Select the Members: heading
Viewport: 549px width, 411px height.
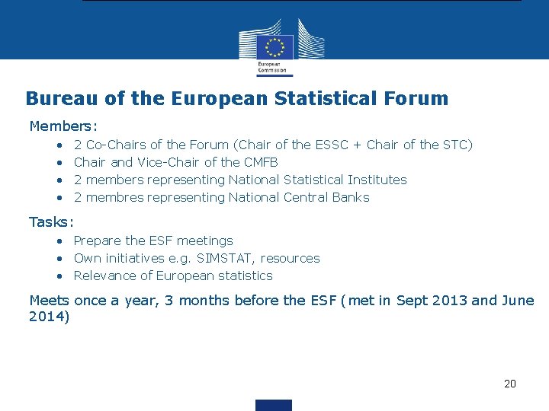tap(63, 126)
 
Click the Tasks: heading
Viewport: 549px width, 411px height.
tap(51, 222)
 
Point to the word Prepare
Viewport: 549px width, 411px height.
tap(98, 241)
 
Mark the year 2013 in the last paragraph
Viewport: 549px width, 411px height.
tap(448, 300)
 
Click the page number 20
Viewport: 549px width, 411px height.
tap(510, 384)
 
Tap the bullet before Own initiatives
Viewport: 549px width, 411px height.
tap(59, 258)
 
